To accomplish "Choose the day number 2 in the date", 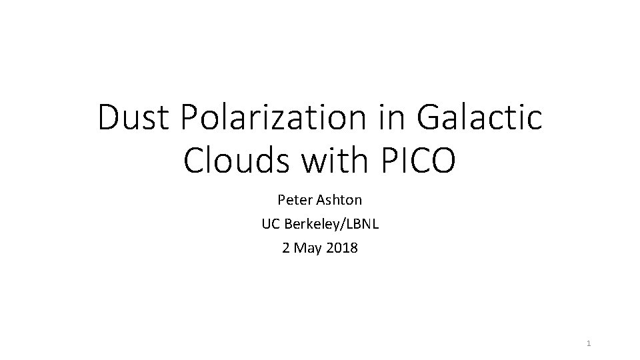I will pyautogui.click(x=286, y=248).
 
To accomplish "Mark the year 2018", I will pyautogui.click(x=343, y=248).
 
